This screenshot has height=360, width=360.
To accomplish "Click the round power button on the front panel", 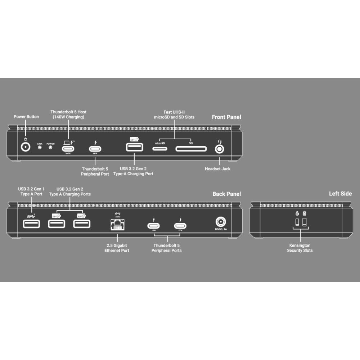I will pyautogui.click(x=26, y=148).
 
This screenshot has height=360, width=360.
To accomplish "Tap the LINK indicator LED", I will pyautogui.click(x=40, y=147).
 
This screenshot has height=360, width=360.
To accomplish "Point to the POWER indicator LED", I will pyautogui.click(x=50, y=147).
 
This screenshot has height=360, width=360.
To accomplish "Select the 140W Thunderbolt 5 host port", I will pyautogui.click(x=68, y=149).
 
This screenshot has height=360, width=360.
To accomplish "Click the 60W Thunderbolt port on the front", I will pyautogui.click(x=95, y=149).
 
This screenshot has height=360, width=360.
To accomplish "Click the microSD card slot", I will pyautogui.click(x=160, y=149).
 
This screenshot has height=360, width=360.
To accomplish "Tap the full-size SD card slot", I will pyautogui.click(x=191, y=149).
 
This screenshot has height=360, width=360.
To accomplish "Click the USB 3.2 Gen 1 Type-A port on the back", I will pyautogui.click(x=32, y=224).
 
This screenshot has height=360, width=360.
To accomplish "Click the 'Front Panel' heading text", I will pyautogui.click(x=226, y=117).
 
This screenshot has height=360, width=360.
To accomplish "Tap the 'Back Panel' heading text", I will pyautogui.click(x=226, y=194).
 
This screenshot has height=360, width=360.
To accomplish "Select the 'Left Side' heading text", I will pyautogui.click(x=340, y=194).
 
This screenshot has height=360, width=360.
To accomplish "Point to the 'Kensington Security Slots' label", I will pyautogui.click(x=300, y=248).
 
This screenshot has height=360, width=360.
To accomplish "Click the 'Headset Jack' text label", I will pyautogui.click(x=217, y=169).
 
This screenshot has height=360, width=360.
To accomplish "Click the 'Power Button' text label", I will pyautogui.click(x=26, y=117).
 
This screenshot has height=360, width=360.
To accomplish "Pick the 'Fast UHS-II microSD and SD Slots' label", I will pyautogui.click(x=174, y=114).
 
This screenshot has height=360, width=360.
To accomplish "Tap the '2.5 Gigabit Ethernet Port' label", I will pyautogui.click(x=117, y=248).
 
